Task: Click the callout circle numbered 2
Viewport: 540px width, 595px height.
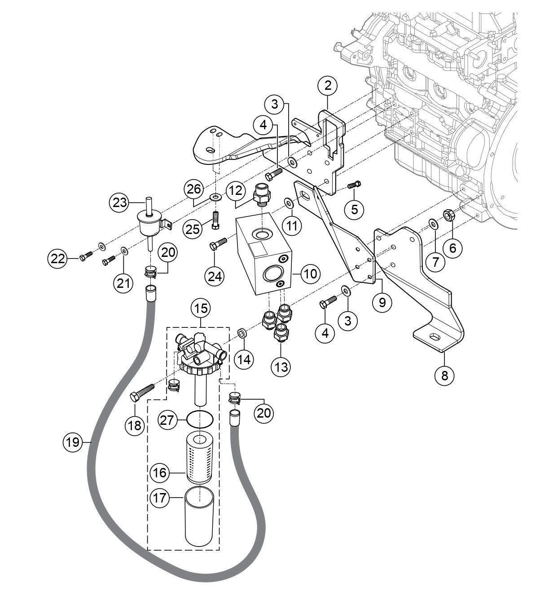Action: click(328, 85)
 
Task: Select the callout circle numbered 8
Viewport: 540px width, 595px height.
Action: click(444, 375)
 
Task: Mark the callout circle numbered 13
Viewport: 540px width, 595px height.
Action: click(281, 366)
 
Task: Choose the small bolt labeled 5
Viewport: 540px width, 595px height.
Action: click(354, 185)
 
